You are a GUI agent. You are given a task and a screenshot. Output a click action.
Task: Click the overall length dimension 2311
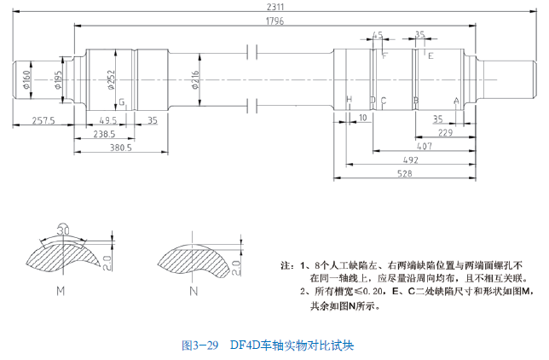pos(275,7)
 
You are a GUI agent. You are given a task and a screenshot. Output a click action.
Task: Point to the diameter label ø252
pos(112,80)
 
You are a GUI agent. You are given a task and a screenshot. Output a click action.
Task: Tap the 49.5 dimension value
pos(108,120)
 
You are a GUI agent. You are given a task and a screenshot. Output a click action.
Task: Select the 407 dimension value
pos(424,146)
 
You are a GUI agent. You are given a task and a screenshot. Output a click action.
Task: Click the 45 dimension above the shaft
pos(378,36)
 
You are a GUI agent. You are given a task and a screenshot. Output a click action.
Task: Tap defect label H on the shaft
pos(349,100)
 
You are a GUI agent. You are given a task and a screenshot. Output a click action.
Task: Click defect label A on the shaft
pos(456,100)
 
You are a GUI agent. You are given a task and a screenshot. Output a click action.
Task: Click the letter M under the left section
pos(61,291)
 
